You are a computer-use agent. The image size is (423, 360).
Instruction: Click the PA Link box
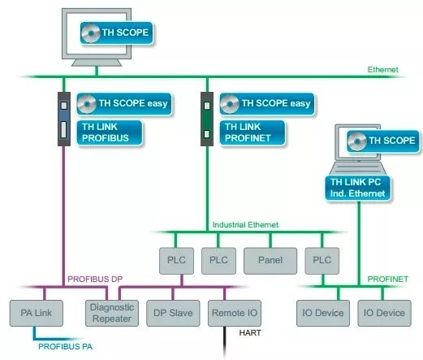tap(37, 313)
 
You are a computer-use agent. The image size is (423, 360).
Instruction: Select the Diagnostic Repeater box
tap(112, 313)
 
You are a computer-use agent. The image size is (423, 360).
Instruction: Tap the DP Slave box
tap(173, 313)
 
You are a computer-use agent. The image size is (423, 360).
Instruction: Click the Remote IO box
tap(235, 313)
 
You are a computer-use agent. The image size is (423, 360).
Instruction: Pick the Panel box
tap(270, 261)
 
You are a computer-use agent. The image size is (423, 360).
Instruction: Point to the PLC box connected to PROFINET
tap(322, 261)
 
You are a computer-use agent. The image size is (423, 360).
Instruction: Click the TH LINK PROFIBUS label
tap(110, 132)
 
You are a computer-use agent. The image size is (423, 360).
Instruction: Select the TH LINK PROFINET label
tap(253, 132)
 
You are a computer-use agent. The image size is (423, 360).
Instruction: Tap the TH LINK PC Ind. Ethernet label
tap(357, 188)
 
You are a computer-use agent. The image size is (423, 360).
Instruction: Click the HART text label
tap(250, 332)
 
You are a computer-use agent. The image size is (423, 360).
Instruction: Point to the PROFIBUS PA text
tap(65, 346)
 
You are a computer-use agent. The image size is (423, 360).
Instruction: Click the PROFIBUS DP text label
tap(95, 279)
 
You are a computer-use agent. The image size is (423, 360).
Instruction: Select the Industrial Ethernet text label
tap(245, 225)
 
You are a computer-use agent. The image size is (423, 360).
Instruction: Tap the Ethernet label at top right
tap(382, 70)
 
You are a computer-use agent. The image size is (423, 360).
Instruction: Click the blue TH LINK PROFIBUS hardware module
tap(64, 119)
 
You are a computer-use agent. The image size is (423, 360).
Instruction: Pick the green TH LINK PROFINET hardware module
tap(207, 119)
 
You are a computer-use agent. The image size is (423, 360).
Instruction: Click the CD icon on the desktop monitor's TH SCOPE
tap(91, 33)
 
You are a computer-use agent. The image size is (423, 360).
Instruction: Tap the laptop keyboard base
tap(358, 168)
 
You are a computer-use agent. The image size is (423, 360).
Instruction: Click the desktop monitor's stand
tap(97, 63)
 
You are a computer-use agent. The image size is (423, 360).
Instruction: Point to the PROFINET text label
tap(387, 279)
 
